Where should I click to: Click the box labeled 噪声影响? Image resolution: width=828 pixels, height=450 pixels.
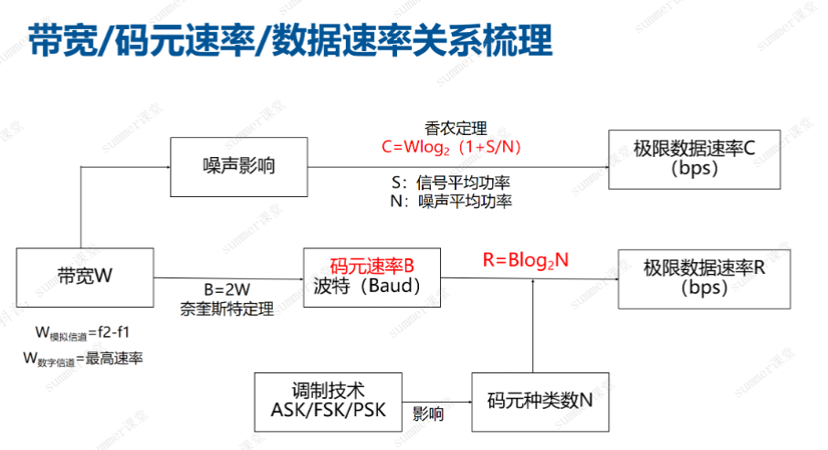tap(239, 166)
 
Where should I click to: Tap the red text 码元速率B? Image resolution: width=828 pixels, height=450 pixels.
tap(372, 266)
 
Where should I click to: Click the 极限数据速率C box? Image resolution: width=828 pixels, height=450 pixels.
tap(694, 159)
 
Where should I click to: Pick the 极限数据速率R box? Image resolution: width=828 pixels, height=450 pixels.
tap(704, 277)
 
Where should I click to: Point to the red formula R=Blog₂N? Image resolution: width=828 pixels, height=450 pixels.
tap(525, 260)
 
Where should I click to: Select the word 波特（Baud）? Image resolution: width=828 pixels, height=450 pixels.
tap(364, 287)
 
